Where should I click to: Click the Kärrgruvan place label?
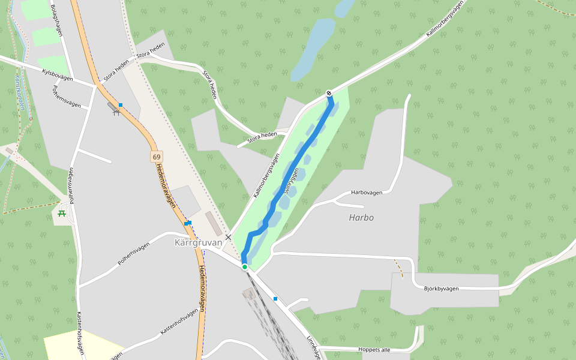tap(198, 243)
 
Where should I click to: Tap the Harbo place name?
tap(361, 218)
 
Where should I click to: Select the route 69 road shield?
tap(157, 157)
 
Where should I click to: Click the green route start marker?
tap(245, 267)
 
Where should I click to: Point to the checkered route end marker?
tap(329, 93)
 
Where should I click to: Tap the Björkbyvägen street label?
tap(440, 289)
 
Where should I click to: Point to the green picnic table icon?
tap(61, 213)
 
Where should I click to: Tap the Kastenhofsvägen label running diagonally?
tap(178, 322)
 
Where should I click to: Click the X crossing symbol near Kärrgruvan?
tap(228, 237)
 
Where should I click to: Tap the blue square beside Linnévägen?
tap(275, 299)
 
